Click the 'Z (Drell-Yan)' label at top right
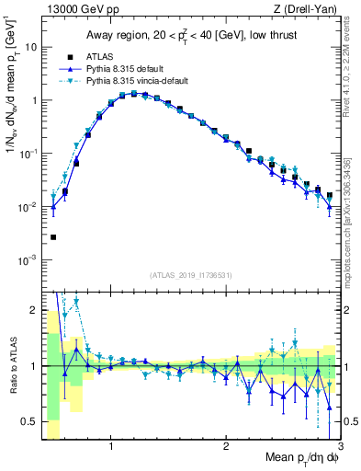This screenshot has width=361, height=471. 307,10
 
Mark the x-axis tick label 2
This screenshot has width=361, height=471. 226,447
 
